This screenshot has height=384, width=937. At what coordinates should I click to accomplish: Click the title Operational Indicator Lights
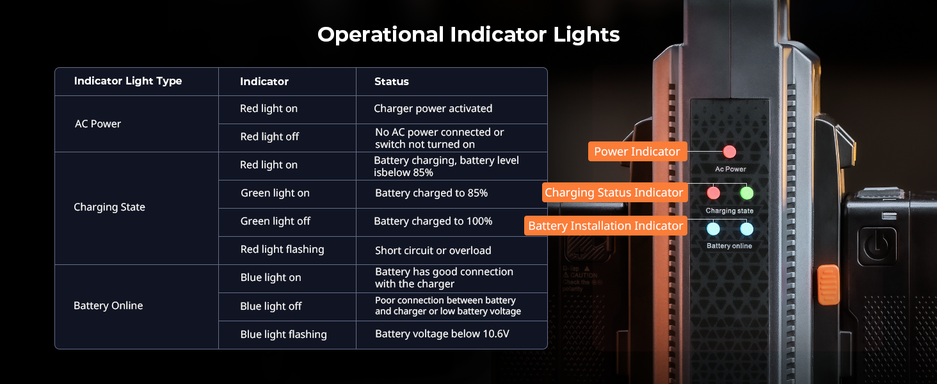[468, 35]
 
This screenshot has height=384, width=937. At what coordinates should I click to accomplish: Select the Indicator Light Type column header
[128, 81]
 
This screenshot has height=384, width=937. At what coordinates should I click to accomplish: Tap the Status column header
[392, 81]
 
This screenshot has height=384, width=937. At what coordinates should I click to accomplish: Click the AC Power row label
[98, 124]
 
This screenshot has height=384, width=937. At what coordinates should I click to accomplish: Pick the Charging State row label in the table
[109, 207]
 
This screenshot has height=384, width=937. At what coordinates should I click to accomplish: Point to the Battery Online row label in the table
[108, 305]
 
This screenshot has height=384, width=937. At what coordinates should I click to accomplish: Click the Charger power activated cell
[433, 108]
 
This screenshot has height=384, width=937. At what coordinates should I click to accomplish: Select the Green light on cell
[275, 193]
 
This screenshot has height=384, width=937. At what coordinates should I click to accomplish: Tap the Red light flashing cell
[282, 250]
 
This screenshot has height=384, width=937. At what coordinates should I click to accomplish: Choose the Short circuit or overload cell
[433, 250]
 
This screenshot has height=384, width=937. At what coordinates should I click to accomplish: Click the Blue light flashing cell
[284, 334]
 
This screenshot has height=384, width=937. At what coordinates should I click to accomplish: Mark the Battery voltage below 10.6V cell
[442, 333]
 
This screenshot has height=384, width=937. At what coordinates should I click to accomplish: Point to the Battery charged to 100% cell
[433, 221]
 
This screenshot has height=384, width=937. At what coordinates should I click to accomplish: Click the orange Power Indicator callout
[637, 152]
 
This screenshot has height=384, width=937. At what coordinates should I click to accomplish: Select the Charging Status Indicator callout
[614, 193]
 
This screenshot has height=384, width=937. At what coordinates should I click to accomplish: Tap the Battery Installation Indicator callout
[605, 226]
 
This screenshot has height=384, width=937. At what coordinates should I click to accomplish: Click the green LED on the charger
[747, 193]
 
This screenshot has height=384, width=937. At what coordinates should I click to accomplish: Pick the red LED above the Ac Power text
[730, 152]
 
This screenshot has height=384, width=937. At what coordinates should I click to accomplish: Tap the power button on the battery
[877, 246]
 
